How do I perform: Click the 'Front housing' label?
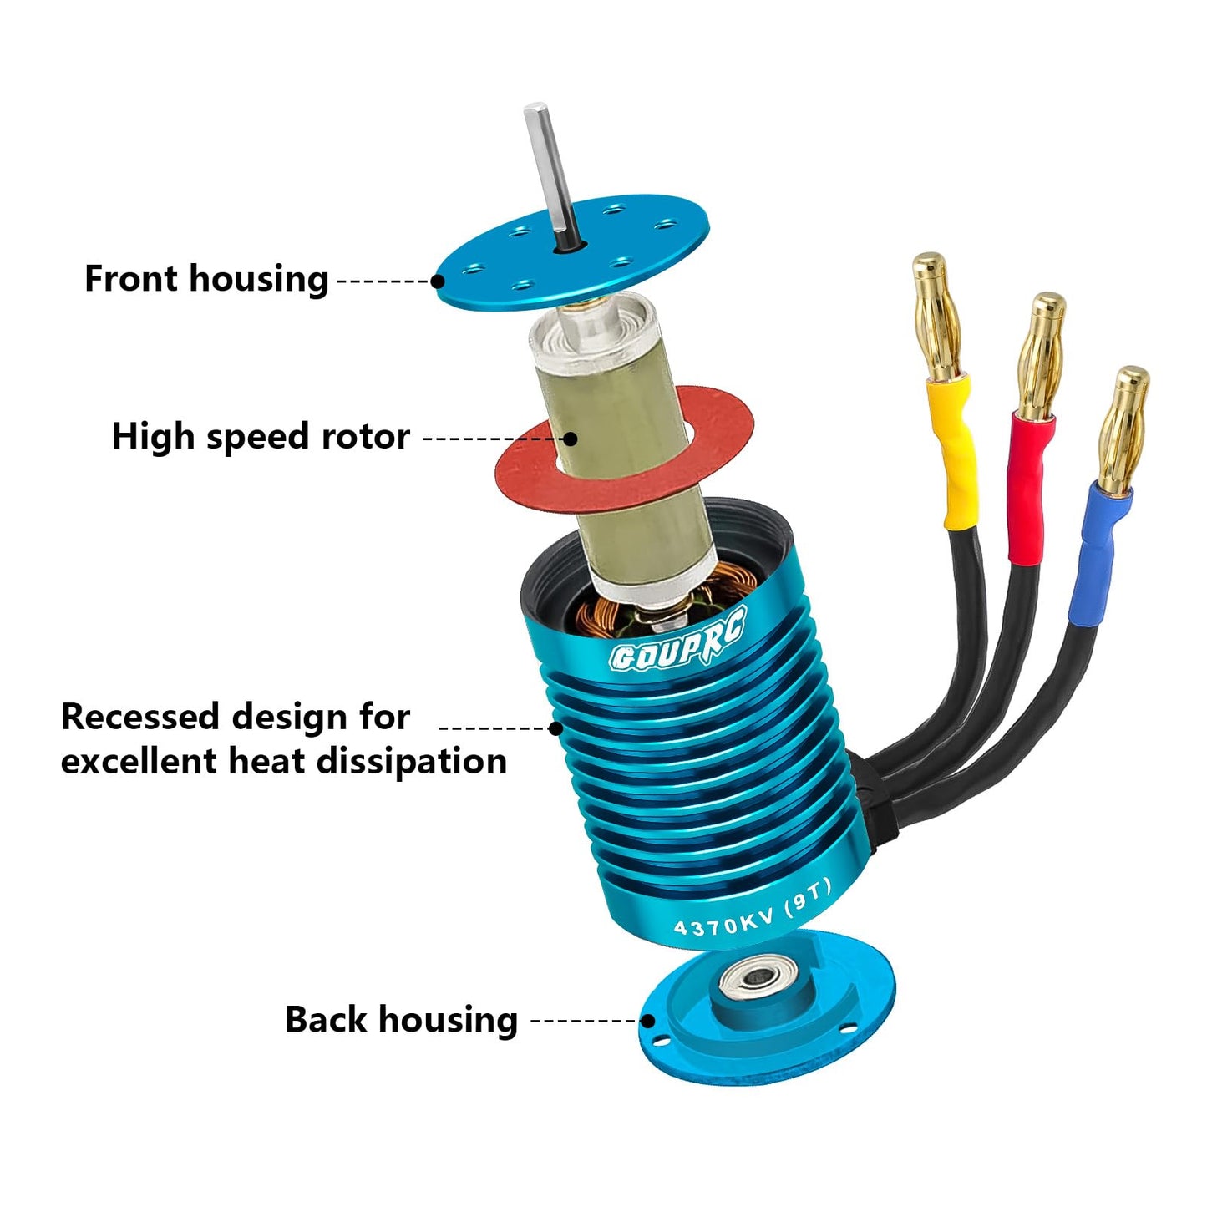tap(206, 279)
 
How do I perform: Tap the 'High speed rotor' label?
tap(261, 437)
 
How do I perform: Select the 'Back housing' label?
tap(401, 1020)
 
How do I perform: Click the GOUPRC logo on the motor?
tap(676, 646)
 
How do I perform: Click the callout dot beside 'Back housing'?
tap(647, 1021)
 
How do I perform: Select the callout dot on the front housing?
tap(438, 281)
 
